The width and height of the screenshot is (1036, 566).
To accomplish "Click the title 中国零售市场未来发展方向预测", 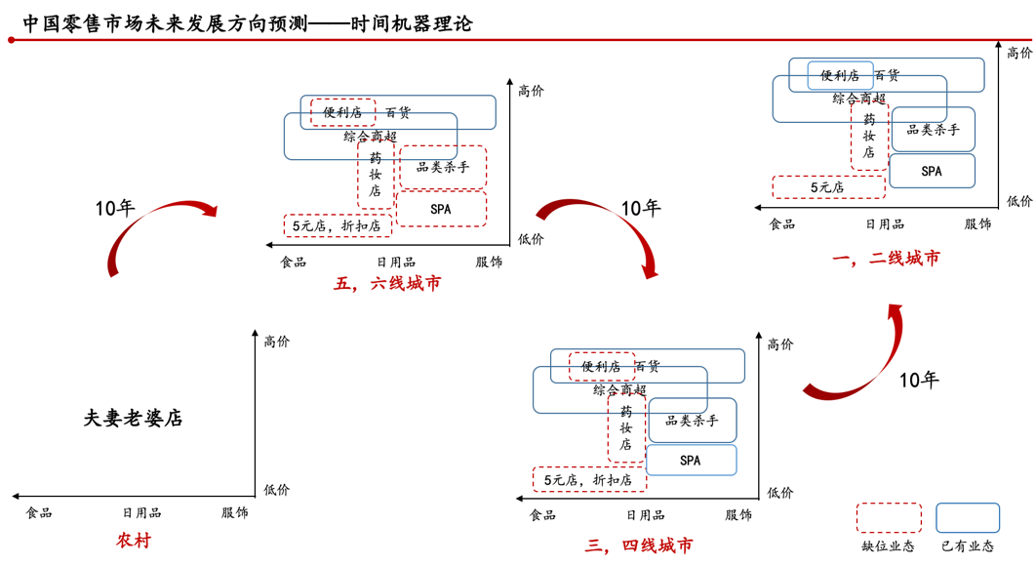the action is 165,23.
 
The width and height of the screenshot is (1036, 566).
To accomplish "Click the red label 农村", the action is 134,541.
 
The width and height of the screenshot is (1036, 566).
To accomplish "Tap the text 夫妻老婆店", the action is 133,418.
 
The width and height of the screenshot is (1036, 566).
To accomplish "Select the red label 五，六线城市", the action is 387,284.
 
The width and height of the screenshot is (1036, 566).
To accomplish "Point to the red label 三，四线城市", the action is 639,546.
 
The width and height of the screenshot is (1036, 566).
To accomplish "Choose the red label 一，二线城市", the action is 886,258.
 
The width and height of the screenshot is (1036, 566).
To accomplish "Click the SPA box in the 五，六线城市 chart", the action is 441,209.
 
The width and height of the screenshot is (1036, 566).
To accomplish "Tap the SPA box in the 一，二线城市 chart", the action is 932,171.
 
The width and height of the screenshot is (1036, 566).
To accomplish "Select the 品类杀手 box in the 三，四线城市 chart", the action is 692,421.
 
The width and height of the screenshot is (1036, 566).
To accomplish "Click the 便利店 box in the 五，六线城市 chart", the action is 342,112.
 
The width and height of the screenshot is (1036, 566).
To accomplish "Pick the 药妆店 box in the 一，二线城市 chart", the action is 869,137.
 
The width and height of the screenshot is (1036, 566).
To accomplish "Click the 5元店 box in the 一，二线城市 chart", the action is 828,187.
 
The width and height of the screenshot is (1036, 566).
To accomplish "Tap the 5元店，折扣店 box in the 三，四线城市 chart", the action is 589,479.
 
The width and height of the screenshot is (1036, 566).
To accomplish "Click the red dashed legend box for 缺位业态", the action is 889,518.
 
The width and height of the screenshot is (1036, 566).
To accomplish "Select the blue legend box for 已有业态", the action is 968,518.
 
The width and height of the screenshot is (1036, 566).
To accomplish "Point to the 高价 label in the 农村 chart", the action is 277,342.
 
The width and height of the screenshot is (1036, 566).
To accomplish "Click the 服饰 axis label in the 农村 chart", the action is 234,512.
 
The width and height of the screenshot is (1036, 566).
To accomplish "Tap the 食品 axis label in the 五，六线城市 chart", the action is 294,262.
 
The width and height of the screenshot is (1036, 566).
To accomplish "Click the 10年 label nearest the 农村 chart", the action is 115,208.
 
